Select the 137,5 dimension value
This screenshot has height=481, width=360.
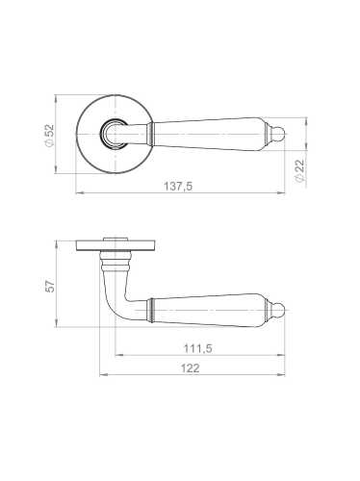coord(179,187)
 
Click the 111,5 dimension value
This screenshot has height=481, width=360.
coord(197,346)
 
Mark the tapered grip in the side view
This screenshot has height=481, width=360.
coord(207,310)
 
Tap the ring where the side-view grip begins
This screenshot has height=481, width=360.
coord(152,310)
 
